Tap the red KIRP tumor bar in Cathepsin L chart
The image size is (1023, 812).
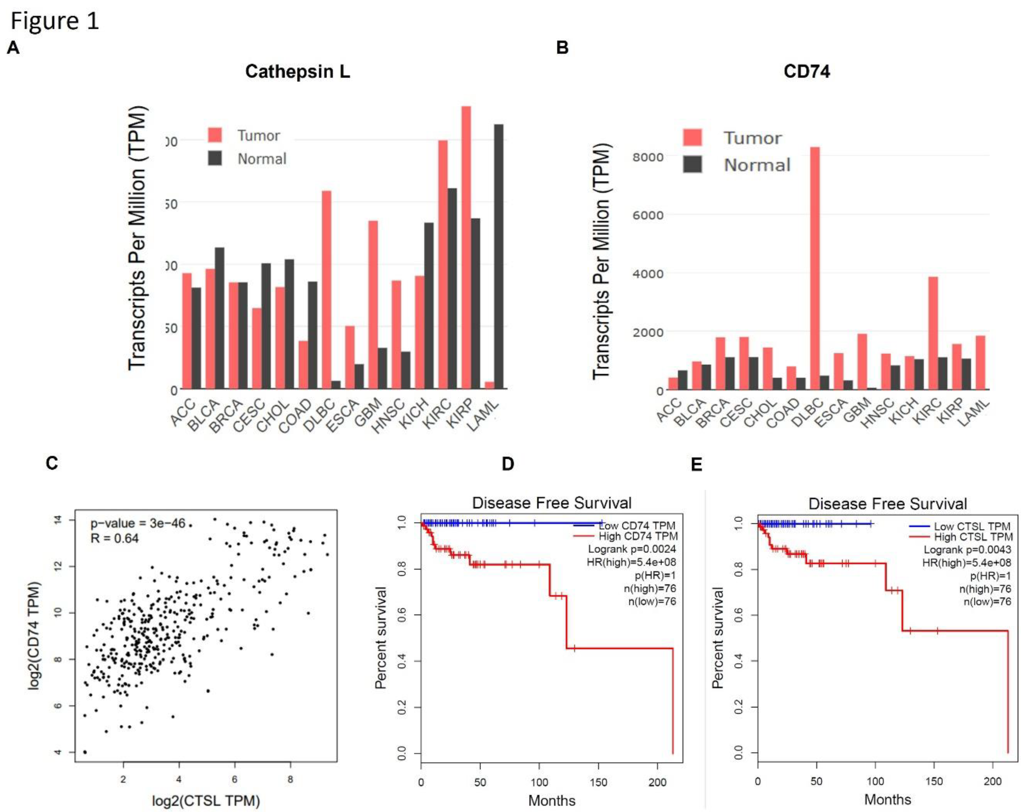point(466,247)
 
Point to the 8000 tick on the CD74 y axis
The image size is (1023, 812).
point(648,157)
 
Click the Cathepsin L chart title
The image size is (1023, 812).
point(297,71)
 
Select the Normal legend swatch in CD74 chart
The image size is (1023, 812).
point(692,165)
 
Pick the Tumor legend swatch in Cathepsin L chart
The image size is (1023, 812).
point(215,135)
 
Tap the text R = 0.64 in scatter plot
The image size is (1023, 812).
point(114,538)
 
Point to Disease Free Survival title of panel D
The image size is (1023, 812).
point(551,503)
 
